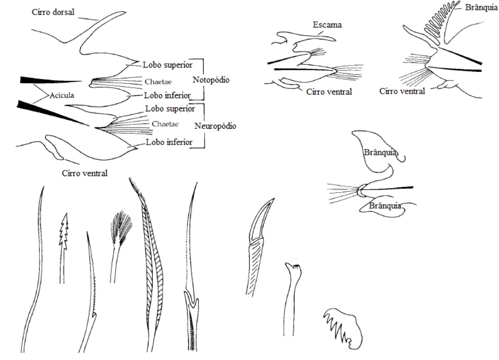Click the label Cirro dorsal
[x=53, y=12]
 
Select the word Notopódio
[x=211, y=80]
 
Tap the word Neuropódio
[x=215, y=126]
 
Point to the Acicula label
[x=62, y=95]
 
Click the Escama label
[x=327, y=25]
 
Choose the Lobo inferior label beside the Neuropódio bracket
[x=169, y=142]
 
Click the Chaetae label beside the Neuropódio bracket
[x=165, y=124]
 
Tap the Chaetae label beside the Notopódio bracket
[x=158, y=81]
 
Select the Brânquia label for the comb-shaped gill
[x=481, y=7]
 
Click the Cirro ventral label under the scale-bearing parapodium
[x=329, y=92]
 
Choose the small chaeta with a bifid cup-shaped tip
[x=294, y=269]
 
